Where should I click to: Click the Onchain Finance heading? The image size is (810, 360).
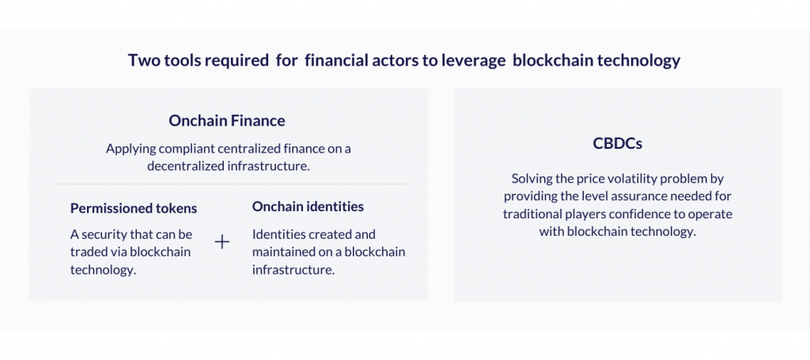click(x=227, y=121)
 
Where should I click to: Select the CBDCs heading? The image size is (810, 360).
click(x=617, y=143)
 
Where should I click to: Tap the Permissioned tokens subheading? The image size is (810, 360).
click(x=134, y=208)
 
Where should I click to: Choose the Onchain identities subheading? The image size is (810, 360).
click(x=308, y=207)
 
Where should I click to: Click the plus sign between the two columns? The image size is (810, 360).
click(x=222, y=241)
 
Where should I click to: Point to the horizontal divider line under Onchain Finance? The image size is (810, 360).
click(x=233, y=184)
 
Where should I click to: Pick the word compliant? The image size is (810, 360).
click(x=180, y=150)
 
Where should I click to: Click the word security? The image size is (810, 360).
click(x=104, y=235)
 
